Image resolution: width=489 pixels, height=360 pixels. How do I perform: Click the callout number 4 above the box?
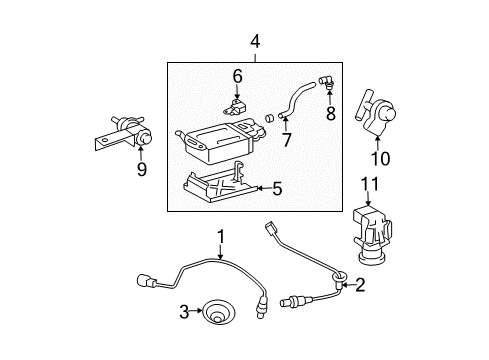(x=255, y=43)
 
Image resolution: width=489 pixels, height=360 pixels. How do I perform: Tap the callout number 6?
(x=237, y=76)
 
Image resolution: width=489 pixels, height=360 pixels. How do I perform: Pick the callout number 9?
(x=141, y=169)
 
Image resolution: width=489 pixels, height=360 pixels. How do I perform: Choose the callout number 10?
(x=380, y=159)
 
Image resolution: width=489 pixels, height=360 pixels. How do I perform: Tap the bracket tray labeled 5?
(x=220, y=182)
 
